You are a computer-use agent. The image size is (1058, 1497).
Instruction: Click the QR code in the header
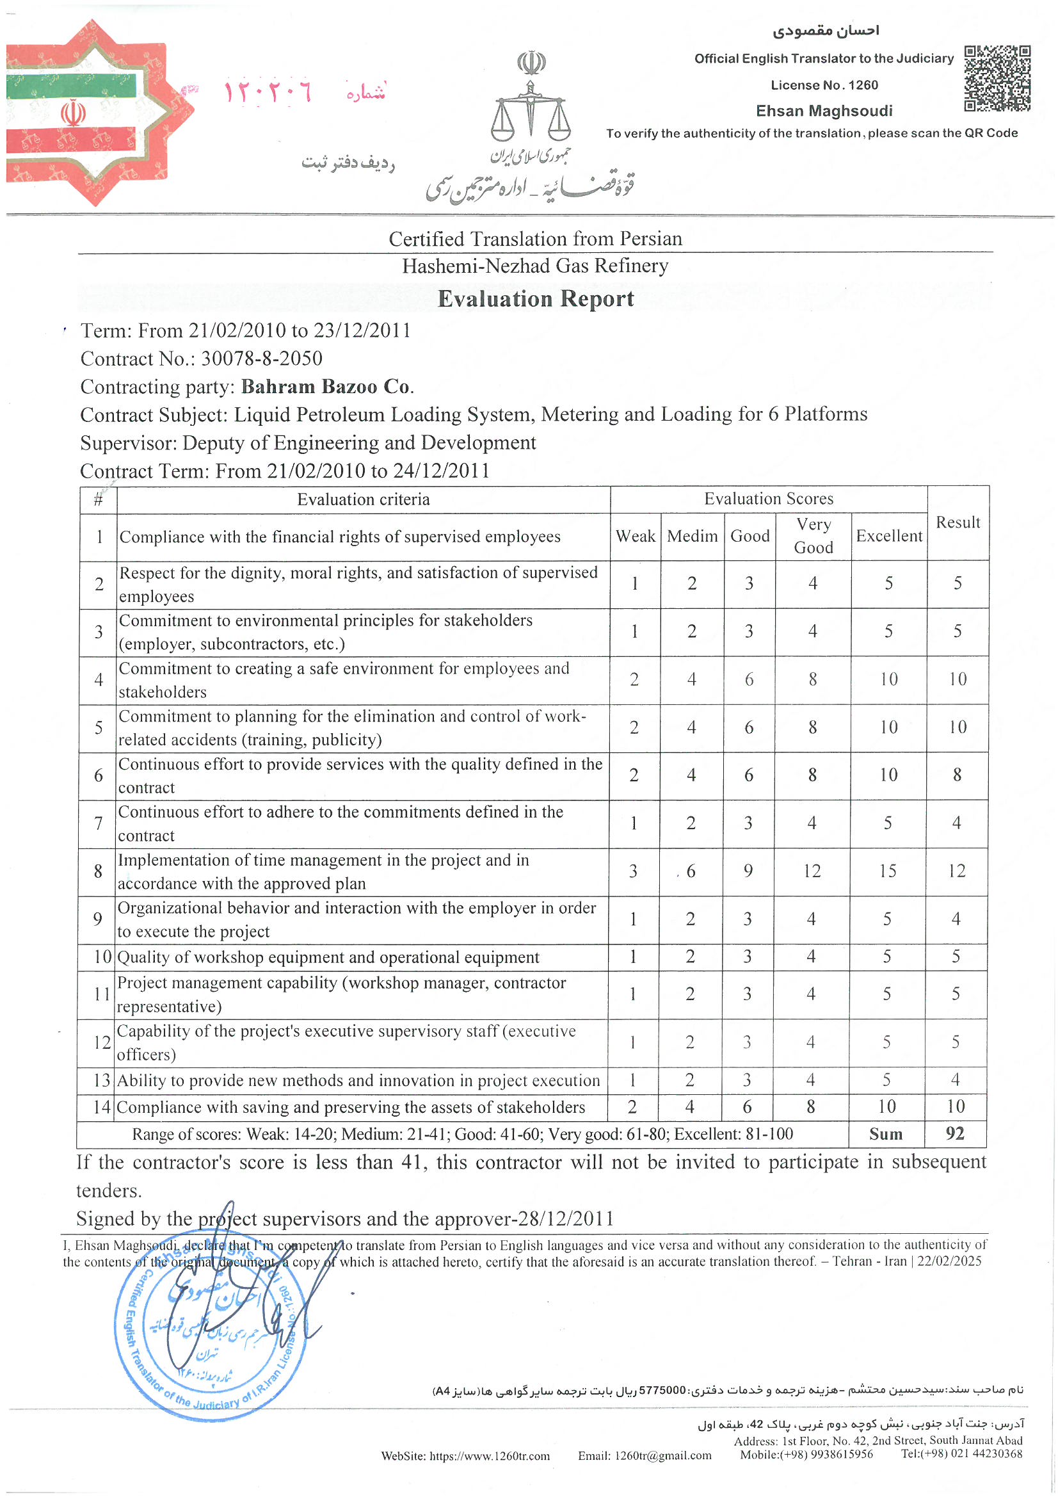click(997, 78)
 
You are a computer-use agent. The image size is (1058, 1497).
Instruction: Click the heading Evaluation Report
click(535, 298)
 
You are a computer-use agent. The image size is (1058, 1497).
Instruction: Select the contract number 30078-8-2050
click(261, 359)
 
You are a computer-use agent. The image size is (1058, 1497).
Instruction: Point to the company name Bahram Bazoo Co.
click(327, 387)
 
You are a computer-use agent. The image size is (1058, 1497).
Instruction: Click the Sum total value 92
click(954, 1133)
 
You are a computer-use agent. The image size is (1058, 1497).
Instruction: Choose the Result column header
click(957, 522)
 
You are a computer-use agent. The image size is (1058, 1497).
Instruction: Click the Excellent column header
click(888, 536)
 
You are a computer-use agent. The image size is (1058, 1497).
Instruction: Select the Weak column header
click(635, 536)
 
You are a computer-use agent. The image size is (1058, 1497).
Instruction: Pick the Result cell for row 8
click(956, 871)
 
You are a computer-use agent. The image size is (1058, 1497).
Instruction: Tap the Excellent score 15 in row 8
click(887, 871)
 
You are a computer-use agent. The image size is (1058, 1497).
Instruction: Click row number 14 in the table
click(102, 1107)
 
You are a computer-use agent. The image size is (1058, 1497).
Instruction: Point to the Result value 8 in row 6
click(956, 775)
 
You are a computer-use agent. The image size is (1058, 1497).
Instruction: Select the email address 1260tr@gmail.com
click(644, 1455)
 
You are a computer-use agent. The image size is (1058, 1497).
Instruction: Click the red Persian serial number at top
click(268, 93)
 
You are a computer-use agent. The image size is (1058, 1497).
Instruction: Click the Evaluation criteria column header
click(363, 499)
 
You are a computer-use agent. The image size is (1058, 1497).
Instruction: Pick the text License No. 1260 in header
click(824, 85)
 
